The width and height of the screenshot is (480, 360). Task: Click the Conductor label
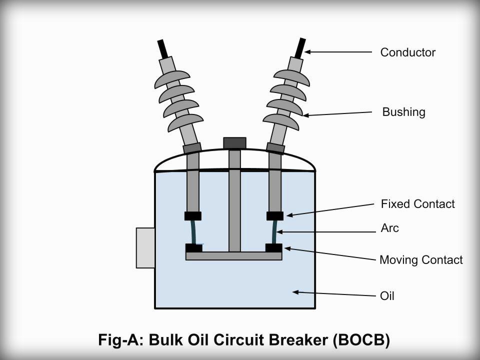(x=407, y=52)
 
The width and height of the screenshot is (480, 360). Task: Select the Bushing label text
(x=403, y=112)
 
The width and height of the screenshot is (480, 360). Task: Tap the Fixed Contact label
(x=417, y=204)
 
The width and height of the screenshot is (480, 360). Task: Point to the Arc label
(x=390, y=228)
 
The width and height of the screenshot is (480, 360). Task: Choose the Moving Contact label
(x=421, y=260)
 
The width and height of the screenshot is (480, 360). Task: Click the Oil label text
(x=387, y=296)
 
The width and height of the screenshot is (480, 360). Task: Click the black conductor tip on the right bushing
(x=300, y=48)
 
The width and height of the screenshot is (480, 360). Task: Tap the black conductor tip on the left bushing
(x=163, y=49)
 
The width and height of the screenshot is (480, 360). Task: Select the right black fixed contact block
(x=275, y=216)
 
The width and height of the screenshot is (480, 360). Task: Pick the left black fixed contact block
(x=193, y=216)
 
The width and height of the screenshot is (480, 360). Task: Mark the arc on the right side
(x=274, y=232)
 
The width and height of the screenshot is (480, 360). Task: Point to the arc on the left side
(x=193, y=232)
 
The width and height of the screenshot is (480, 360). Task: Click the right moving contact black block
(x=274, y=247)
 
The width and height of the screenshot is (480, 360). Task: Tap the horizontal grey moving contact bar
(x=234, y=256)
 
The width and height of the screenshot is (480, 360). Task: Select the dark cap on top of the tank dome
(x=234, y=143)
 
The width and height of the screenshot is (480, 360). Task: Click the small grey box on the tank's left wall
(x=145, y=247)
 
